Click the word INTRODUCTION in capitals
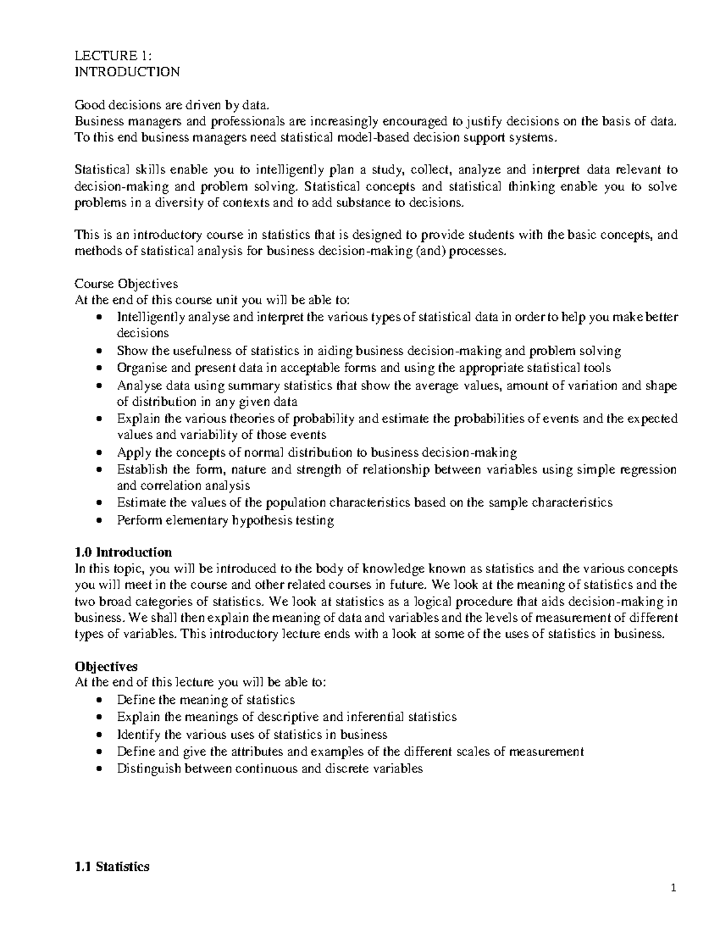(x=126, y=73)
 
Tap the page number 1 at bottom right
(x=674, y=889)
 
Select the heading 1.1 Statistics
(x=111, y=867)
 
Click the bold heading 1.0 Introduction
(x=122, y=552)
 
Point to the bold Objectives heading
(x=106, y=666)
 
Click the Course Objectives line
(x=125, y=284)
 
